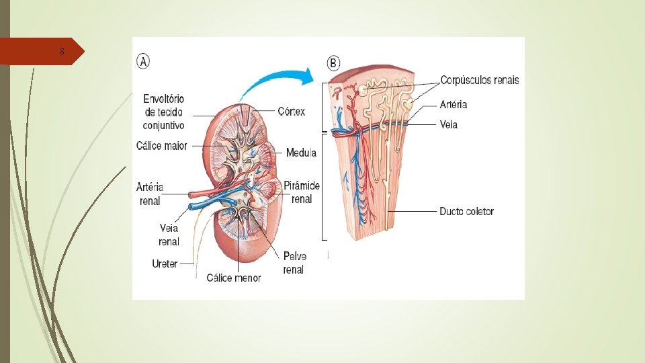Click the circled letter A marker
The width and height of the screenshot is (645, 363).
[x=144, y=61]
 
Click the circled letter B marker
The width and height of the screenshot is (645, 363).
[x=334, y=63]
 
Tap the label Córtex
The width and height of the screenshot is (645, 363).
[x=291, y=111]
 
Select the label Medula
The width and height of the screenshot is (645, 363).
[x=301, y=153]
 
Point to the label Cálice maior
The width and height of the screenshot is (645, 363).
[x=161, y=146]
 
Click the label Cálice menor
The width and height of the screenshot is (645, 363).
[x=233, y=277]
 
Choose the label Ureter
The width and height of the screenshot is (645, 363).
[x=165, y=264]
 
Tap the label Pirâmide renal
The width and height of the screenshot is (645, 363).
[x=302, y=192]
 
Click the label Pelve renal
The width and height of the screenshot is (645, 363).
[x=294, y=263]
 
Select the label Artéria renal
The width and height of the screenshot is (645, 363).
[x=150, y=194]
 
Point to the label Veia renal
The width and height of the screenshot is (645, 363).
[x=169, y=235]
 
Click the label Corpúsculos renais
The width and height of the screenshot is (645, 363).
[x=480, y=80]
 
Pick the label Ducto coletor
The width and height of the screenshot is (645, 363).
[x=466, y=211]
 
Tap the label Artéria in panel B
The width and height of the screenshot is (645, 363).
[x=454, y=104]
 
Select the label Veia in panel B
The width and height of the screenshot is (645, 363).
[x=448, y=124]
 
